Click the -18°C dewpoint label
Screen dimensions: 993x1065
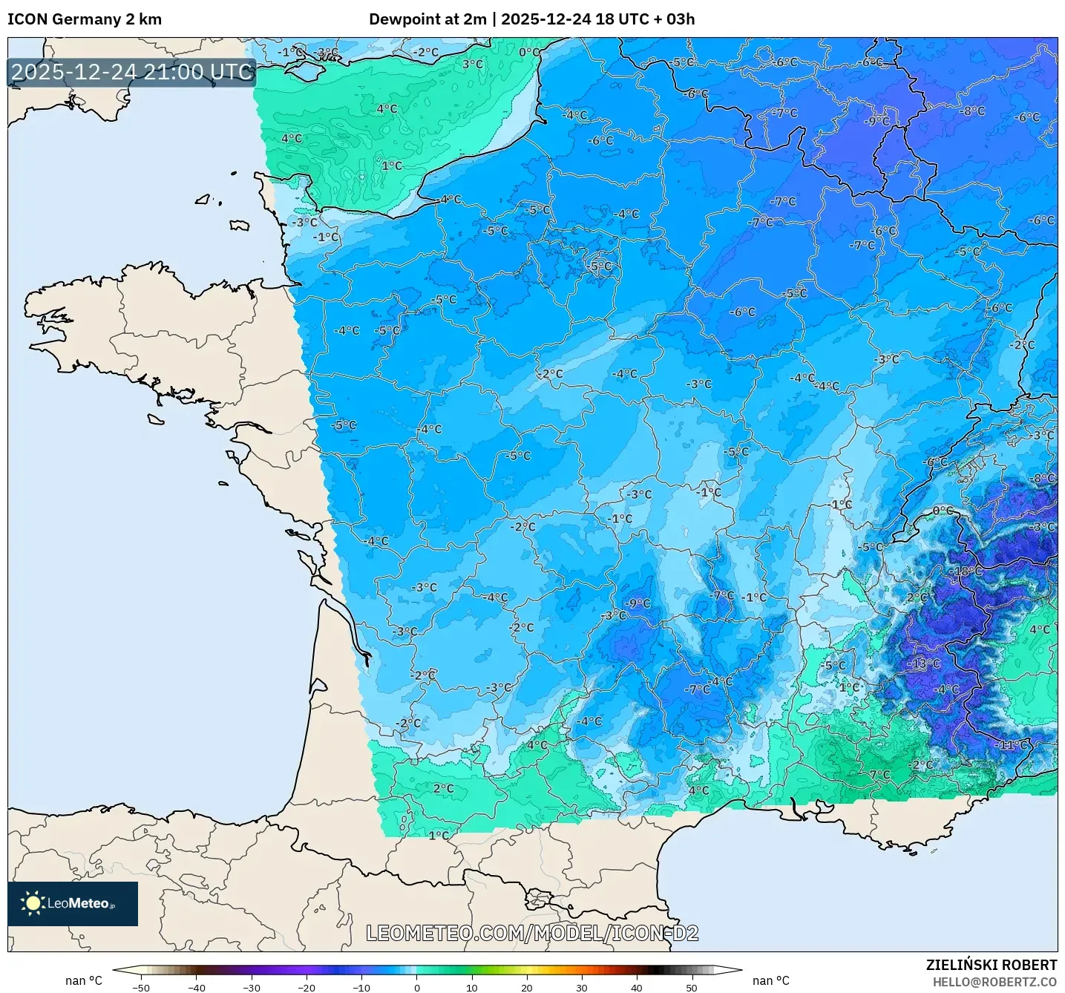966,571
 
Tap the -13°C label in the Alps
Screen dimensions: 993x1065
924,663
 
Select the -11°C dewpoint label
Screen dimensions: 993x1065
1013,744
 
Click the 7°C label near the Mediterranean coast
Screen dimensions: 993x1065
879,774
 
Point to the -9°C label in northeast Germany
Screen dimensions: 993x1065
876,121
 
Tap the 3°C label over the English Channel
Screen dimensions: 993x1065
473,65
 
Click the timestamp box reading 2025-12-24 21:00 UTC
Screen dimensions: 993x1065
132,72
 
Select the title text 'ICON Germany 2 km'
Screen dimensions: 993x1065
85,19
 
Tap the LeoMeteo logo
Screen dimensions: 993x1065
73,903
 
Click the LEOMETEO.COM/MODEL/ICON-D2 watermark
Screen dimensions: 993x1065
532,933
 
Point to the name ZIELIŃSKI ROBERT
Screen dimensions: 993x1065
991,965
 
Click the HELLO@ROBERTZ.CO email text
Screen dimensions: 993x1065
994,982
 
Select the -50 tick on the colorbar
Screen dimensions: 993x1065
140,987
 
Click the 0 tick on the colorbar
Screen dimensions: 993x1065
416,987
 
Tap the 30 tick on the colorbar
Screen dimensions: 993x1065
581,987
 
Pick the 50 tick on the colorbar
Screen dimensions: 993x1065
691,987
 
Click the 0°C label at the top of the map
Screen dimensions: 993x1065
529,53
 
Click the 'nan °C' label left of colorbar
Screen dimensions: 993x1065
83,980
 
